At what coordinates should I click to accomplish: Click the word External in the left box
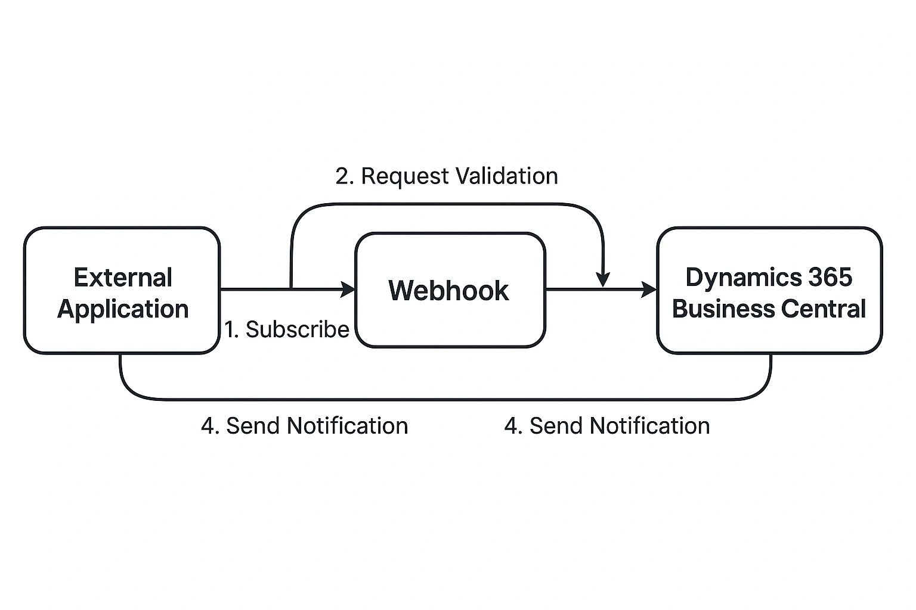coord(123,278)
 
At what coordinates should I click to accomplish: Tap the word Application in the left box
coord(123,309)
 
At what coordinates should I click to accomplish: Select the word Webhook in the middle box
coord(448,291)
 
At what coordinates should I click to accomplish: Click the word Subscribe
coord(298,329)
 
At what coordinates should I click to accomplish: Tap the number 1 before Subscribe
coord(230,329)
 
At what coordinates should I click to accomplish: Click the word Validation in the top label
coord(506,176)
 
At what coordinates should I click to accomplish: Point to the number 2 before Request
coord(342,176)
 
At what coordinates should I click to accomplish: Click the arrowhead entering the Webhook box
coord(348,290)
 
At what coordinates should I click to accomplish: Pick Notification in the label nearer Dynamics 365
coord(649,426)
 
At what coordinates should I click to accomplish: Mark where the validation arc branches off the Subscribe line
coord(291,290)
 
